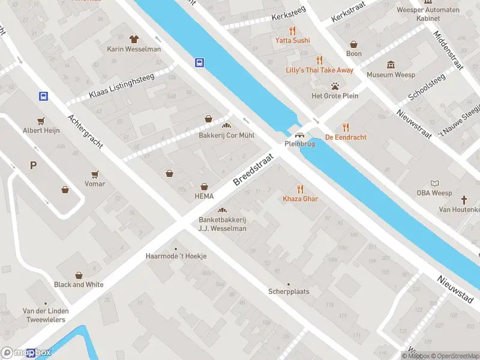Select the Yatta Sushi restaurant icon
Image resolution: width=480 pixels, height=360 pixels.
click(x=292, y=30)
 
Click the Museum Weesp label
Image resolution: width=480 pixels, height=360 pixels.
click(x=391, y=75)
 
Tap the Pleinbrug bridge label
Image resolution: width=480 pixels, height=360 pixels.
click(x=299, y=144)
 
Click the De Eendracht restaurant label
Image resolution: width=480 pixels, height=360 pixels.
click(x=346, y=137)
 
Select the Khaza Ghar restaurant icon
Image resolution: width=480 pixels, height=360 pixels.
click(x=300, y=188)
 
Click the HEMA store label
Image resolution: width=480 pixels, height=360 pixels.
click(x=204, y=196)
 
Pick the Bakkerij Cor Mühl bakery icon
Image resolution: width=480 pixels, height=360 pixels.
click(x=227, y=125)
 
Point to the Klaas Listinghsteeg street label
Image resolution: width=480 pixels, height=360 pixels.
click(x=122, y=86)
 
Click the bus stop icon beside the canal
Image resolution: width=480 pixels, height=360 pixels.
click(x=199, y=62)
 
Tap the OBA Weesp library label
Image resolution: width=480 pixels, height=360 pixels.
click(x=434, y=193)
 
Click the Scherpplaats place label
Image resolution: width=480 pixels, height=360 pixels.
click(x=289, y=292)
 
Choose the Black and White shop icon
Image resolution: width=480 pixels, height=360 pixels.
click(x=79, y=275)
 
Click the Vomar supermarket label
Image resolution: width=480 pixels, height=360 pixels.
click(x=95, y=184)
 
